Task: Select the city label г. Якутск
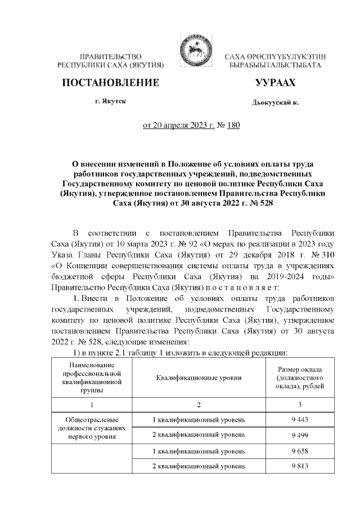(111, 101)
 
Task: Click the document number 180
(233, 125)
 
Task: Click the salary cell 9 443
(299, 420)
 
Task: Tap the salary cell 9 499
(299, 435)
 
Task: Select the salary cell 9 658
(299, 451)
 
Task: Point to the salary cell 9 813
(299, 467)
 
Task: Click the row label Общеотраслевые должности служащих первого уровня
(91, 427)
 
